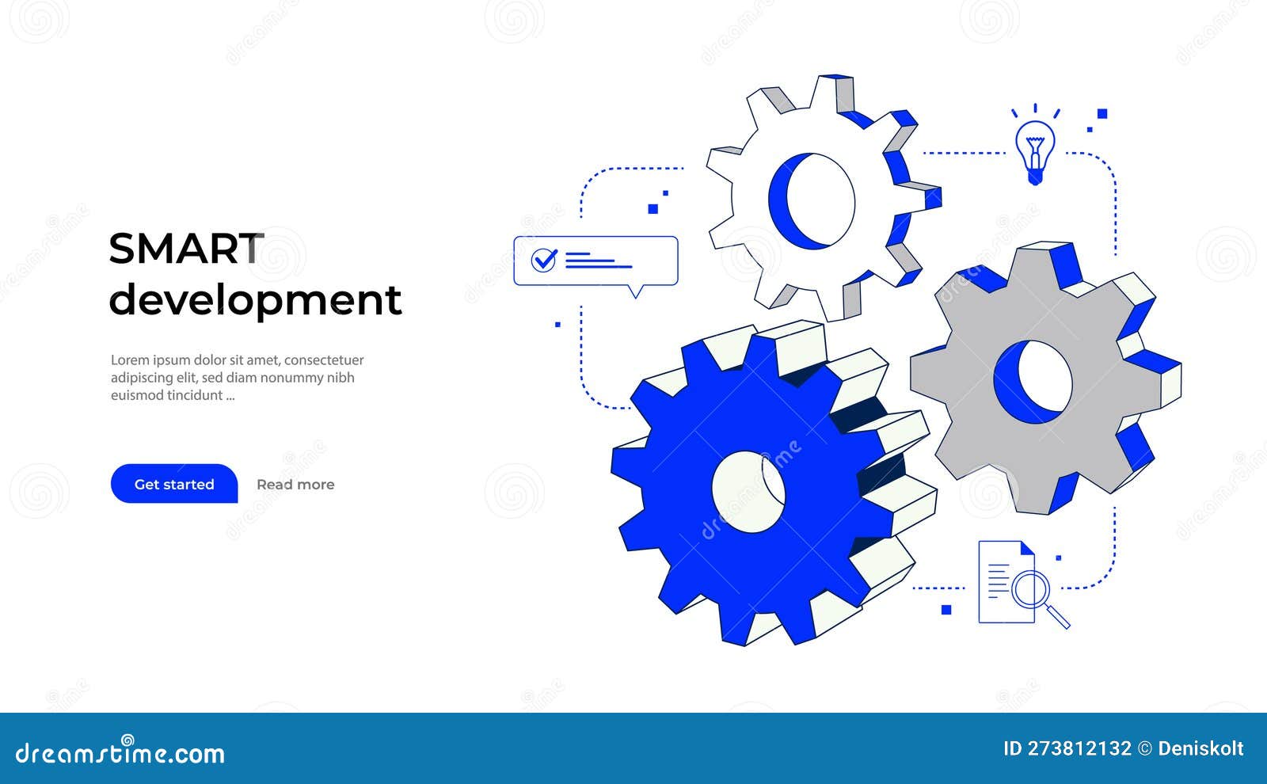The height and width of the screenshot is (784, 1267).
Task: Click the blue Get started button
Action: coord(174,484)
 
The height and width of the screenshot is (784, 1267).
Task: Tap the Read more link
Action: coord(295,485)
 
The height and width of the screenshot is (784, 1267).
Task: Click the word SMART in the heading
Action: coord(186,249)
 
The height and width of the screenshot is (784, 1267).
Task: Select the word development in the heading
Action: coord(255,300)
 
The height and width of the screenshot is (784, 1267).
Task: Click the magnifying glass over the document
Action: coord(1032,590)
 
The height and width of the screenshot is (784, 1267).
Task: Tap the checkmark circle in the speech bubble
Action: coord(544,260)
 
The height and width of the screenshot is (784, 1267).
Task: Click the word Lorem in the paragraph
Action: coord(129,360)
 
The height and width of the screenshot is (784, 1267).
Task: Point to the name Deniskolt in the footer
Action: coord(1200,748)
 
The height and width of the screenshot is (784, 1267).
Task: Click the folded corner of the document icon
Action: coord(1027,548)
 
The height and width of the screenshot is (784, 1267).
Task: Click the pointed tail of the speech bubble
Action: coord(635,292)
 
